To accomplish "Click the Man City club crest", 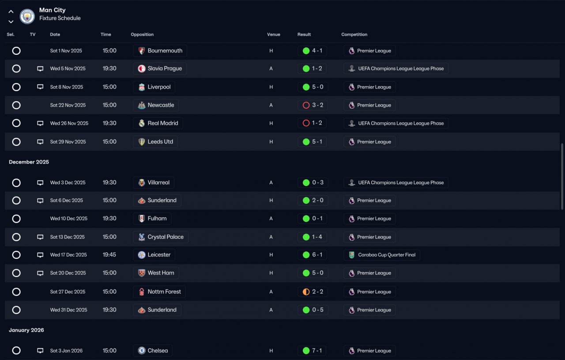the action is pos(27,16).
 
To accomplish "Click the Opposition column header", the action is pos(142,34).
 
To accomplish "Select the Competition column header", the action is pos(354,34).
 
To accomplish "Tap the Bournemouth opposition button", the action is pos(160,51).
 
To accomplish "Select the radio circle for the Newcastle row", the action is pos(16,105).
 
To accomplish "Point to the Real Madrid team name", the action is pos(163,123).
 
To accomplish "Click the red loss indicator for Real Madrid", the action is pos(306,123).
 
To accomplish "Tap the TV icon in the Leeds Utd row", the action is pos(40,142).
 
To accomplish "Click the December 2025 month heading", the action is pos(29,162).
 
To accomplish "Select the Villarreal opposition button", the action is pos(154,182).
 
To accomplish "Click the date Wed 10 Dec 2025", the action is pos(68,218).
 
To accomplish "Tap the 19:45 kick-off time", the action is pos(109,255).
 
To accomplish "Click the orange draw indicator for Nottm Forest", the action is pos(306,292).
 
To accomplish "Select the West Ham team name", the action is pos(161,273).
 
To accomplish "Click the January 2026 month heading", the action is pos(26,330).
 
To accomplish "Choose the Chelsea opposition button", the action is pos(153,351).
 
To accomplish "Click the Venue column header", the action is pos(273,34).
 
